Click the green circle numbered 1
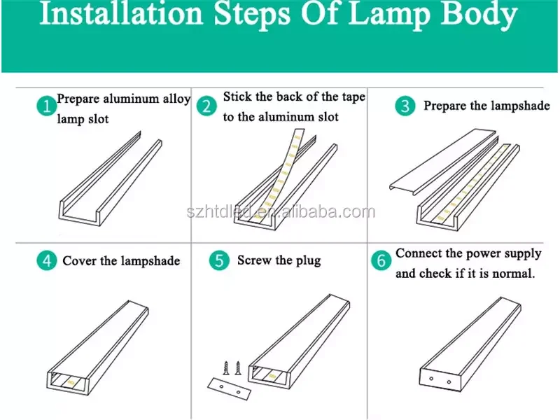click(x=47, y=106)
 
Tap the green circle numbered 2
click(x=206, y=106)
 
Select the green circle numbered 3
click(x=405, y=106)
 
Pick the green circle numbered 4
click(x=47, y=260)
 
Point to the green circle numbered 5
click(x=219, y=260)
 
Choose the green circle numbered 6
click(x=381, y=260)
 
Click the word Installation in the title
click(x=121, y=13)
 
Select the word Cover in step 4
click(x=79, y=260)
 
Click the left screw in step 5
click(x=226, y=368)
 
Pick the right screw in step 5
click(x=238, y=368)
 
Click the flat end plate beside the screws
click(x=230, y=389)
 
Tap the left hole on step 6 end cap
click(x=431, y=379)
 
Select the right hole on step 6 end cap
click(x=449, y=382)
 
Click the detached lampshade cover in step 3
click(x=443, y=162)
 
